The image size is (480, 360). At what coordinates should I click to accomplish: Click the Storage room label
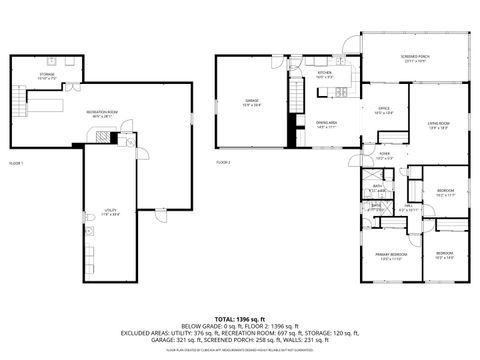[x=46, y=75]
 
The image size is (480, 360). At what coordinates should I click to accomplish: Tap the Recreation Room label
[x=97, y=112]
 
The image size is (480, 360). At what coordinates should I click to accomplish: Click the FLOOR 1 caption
[x=16, y=162]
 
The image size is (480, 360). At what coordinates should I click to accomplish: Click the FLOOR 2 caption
[x=223, y=162]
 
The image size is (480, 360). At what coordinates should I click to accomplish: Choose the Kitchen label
[x=325, y=75]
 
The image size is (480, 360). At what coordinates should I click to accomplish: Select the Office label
[x=383, y=110]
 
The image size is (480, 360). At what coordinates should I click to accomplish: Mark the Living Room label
[x=438, y=125]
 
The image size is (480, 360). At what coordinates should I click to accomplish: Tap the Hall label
[x=409, y=207]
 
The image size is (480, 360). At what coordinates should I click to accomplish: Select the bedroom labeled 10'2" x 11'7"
[x=446, y=193]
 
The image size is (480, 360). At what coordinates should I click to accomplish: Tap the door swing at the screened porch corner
[x=347, y=41]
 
